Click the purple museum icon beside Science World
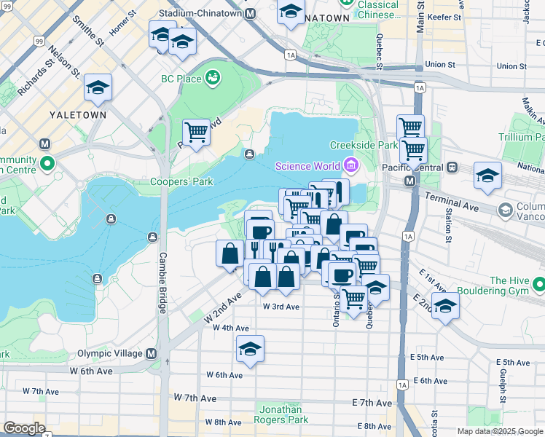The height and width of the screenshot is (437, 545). pyautogui.click(x=351, y=166)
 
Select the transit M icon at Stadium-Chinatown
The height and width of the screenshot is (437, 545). pyautogui.click(x=251, y=13)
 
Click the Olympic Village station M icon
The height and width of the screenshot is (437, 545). pyautogui.click(x=152, y=354)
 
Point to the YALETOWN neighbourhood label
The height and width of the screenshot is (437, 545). pyautogui.click(x=78, y=115)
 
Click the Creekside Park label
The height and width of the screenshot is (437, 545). pyautogui.click(x=364, y=145)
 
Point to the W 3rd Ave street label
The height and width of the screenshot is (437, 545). pyautogui.click(x=281, y=307)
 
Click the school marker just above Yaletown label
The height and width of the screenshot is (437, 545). pyautogui.click(x=98, y=89)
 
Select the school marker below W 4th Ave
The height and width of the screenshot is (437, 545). pyautogui.click(x=250, y=349)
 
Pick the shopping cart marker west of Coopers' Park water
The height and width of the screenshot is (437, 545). pyautogui.click(x=196, y=133)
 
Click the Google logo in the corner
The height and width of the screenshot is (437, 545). pyautogui.click(x=24, y=428)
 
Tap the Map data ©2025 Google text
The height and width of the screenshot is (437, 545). pyautogui.click(x=500, y=431)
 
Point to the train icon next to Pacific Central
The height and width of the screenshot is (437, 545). pyautogui.click(x=452, y=167)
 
